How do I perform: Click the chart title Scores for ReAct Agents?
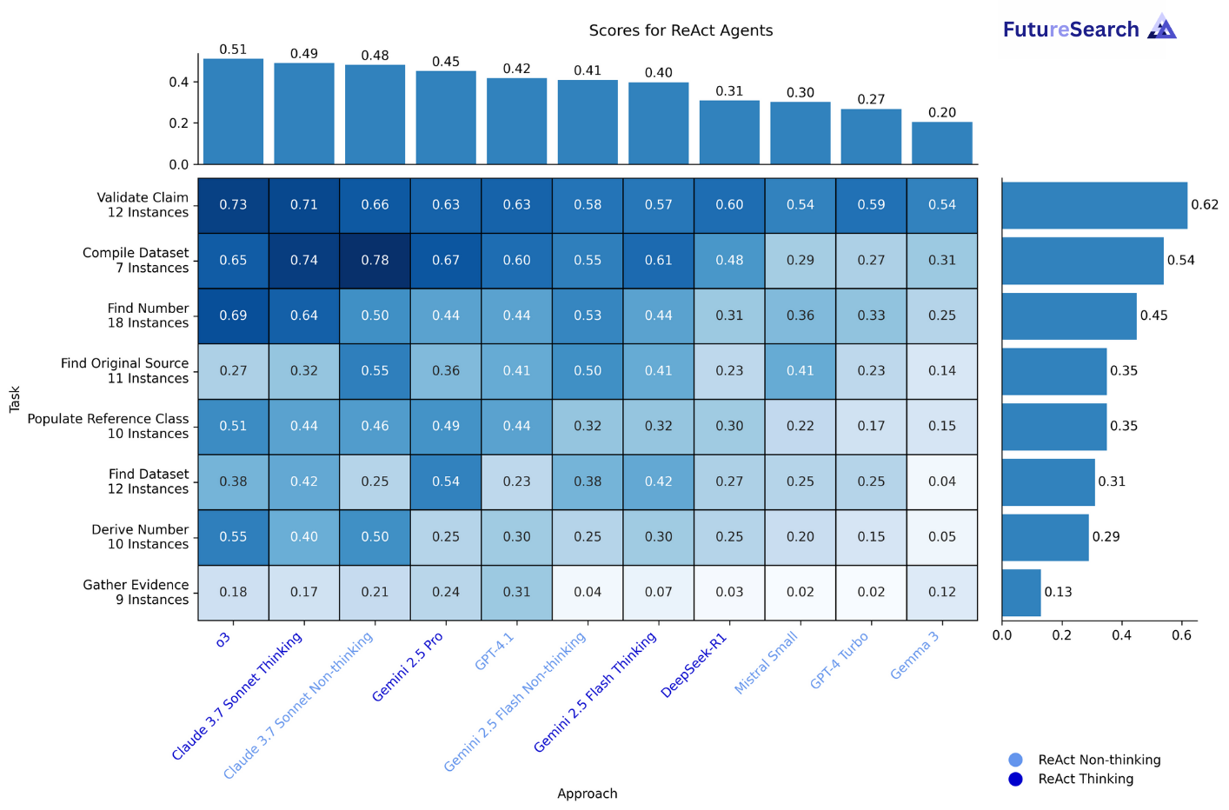click(681, 30)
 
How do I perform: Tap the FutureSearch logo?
click(1089, 29)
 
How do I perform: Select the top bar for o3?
click(233, 111)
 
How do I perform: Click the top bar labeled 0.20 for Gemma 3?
click(941, 143)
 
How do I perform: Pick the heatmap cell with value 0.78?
click(375, 261)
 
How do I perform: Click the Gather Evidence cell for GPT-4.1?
click(516, 593)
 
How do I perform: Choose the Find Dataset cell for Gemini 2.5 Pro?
click(446, 481)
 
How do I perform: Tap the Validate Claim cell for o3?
click(233, 205)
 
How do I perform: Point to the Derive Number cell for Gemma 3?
click(941, 537)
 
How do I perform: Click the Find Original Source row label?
click(124, 371)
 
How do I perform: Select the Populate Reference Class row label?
click(108, 426)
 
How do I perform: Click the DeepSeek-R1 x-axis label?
click(694, 666)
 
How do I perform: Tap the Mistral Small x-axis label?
click(766, 663)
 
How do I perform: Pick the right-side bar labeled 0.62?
click(1093, 205)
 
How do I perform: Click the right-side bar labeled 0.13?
click(1020, 593)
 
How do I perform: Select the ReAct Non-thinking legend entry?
click(1099, 760)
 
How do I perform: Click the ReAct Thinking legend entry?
click(1085, 779)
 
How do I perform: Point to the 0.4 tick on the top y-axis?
click(179, 83)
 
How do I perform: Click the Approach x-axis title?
click(587, 793)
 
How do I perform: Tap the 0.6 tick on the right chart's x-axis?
click(1181, 635)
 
